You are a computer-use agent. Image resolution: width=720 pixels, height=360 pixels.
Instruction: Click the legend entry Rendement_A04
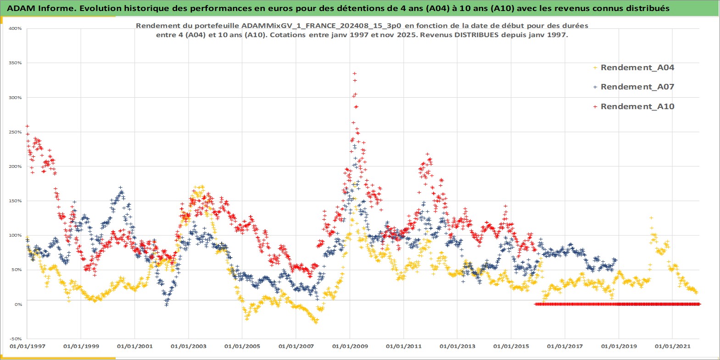point(637,67)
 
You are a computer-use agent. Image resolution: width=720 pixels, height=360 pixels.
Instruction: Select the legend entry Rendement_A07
point(637,87)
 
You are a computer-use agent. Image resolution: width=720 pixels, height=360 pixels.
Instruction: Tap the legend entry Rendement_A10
point(637,106)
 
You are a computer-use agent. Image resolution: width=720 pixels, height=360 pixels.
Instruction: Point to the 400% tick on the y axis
point(15,28)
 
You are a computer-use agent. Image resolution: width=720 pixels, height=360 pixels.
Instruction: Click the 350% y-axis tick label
point(15,63)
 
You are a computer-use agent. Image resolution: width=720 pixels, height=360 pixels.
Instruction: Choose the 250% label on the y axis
point(15,132)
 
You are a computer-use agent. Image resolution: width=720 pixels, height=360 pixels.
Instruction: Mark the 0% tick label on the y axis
point(18,304)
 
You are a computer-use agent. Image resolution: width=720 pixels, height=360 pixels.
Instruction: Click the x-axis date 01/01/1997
point(28,346)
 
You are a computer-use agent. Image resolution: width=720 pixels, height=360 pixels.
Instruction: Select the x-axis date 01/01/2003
point(189,346)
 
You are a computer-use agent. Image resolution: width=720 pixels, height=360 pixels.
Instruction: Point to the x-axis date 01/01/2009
point(350,346)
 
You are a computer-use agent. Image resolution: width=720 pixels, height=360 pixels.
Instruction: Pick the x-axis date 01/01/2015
point(511,346)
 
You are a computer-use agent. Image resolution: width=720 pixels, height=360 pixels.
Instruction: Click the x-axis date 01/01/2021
point(672,346)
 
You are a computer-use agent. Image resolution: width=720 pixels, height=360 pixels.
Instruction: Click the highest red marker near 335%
point(354,73)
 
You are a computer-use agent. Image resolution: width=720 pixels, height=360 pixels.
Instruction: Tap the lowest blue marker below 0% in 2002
point(167,305)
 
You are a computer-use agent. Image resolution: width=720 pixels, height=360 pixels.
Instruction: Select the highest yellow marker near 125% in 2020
point(651,218)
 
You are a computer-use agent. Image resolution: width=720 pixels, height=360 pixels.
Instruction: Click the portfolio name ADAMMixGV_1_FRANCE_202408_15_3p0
point(321,26)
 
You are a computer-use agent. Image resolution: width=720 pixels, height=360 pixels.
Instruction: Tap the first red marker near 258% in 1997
point(28,126)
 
